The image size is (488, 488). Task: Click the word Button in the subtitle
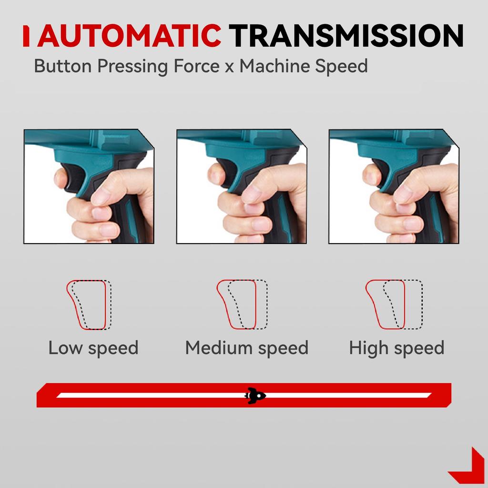63,66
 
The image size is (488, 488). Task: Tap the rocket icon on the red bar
255,395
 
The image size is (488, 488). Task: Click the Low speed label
93,348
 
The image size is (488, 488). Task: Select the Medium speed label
246,348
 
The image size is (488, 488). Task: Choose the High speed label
396,348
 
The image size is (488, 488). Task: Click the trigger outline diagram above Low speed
89,305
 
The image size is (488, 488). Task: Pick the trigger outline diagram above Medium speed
242,305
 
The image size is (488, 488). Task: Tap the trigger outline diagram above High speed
394,305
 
